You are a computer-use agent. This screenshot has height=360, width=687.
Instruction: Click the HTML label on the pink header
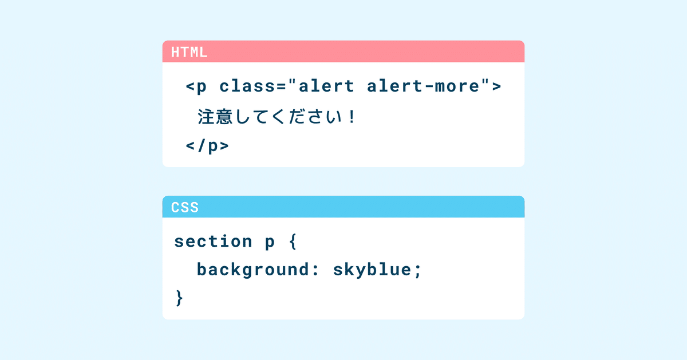click(189, 53)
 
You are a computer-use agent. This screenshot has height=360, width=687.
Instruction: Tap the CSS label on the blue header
click(185, 207)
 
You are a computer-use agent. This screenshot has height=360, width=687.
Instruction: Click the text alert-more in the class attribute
click(423, 86)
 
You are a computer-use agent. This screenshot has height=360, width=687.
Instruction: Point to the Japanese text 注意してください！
click(277, 117)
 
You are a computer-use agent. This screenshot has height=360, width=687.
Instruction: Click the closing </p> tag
click(207, 146)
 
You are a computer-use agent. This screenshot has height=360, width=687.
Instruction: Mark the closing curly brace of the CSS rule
click(179, 298)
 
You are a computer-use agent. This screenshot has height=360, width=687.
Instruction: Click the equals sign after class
click(281, 87)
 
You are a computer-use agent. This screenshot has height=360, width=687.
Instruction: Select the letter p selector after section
click(270, 243)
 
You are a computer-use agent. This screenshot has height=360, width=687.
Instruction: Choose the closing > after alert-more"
click(496, 87)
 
